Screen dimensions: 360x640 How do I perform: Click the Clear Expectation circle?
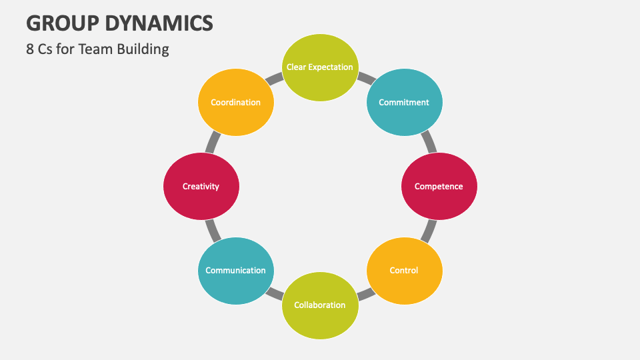point(320,67)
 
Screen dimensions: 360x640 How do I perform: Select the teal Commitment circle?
point(404,103)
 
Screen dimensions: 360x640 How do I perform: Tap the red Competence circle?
point(439,187)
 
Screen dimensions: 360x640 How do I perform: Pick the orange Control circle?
point(404,270)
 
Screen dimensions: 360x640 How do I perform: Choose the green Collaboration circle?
point(320,305)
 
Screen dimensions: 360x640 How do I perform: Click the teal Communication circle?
point(235,270)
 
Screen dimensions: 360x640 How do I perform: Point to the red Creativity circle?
point(201,187)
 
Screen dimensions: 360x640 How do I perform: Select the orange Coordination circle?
point(235,103)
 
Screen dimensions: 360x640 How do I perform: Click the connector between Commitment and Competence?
point(429,141)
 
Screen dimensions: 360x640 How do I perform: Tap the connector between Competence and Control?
point(429,231)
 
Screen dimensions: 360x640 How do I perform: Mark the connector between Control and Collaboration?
point(365,293)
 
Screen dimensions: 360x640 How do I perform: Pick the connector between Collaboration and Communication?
point(275,293)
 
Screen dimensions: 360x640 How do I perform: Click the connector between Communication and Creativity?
point(211,231)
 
